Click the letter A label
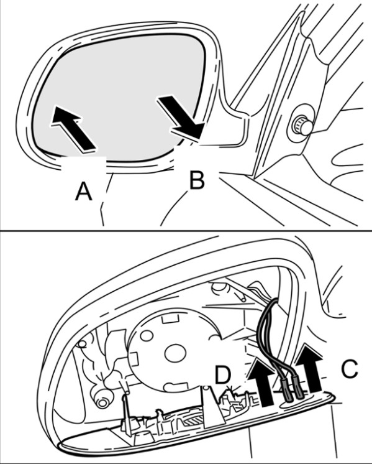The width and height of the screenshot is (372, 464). tap(84, 191)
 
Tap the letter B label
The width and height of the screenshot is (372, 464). tap(197, 179)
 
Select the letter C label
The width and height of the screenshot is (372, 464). tap(350, 368)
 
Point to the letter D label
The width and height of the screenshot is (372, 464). tap(223, 374)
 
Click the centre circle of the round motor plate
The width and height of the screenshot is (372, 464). tap(175, 354)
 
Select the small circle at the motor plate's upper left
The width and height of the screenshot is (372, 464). tap(147, 335)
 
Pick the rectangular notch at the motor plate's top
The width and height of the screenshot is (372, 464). tap(171, 319)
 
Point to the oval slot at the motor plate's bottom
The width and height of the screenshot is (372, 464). tap(176, 386)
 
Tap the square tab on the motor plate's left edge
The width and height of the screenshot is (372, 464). tap(134, 359)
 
